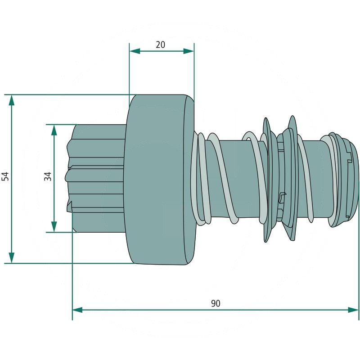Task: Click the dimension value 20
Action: (x=161, y=45)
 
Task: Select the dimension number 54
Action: (x=5, y=176)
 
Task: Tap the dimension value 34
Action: (x=48, y=176)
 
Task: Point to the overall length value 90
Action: (x=216, y=303)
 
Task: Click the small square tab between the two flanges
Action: (x=282, y=196)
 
